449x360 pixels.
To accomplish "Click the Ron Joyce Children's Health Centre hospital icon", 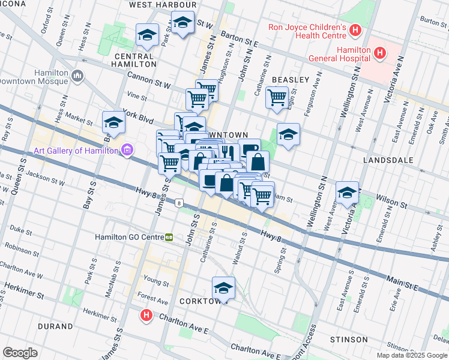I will (x=356, y=29).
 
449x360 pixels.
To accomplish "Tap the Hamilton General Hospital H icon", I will (x=379, y=53).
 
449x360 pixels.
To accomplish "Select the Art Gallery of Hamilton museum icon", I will (x=127, y=150).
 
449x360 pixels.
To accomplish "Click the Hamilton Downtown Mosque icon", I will (x=77, y=76).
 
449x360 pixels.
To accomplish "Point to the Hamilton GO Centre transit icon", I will (x=169, y=237).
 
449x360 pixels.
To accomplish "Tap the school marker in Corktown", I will (x=224, y=289).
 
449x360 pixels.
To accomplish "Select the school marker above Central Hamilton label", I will (x=147, y=35).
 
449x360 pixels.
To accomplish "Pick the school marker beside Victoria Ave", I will (x=347, y=193).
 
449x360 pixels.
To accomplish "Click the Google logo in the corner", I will (x=20, y=353).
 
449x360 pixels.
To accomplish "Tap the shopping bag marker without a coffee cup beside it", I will (x=258, y=161).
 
